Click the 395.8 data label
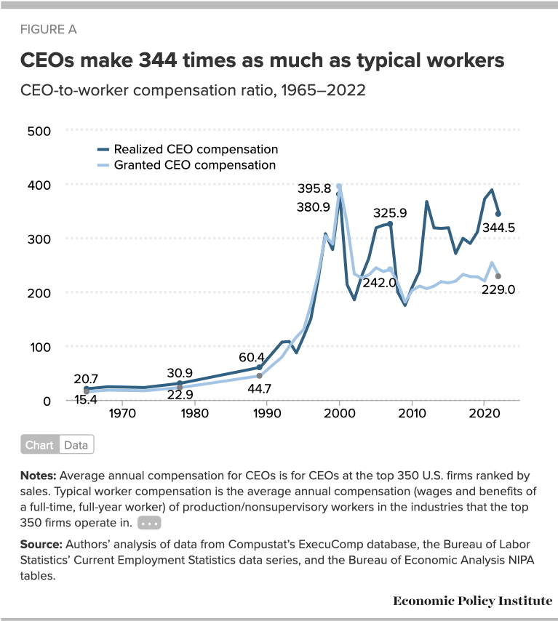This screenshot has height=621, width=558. (x=315, y=189)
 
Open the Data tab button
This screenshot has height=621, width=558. (x=76, y=445)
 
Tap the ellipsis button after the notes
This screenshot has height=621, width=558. (x=148, y=523)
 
